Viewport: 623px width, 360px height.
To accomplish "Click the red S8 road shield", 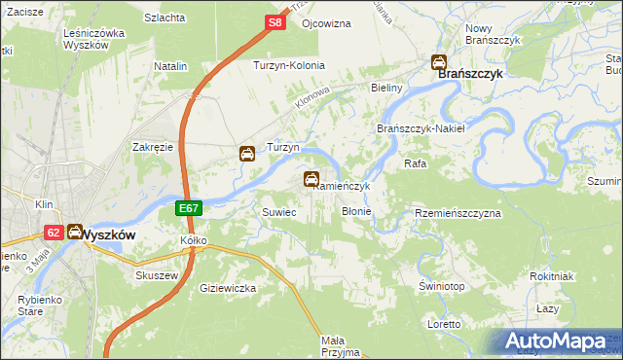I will pyautogui.click(x=275, y=21).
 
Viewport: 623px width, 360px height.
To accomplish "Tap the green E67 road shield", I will pyautogui.click(x=190, y=209).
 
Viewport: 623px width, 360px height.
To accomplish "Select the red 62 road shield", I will pyautogui.click(x=53, y=232).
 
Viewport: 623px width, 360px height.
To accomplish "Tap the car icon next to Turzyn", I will pyautogui.click(x=247, y=153).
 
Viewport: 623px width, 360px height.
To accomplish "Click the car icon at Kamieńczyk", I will pyautogui.click(x=311, y=178).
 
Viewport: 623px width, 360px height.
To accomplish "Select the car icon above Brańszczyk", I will pyautogui.click(x=440, y=62).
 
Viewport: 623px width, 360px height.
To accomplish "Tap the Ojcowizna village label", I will pyautogui.click(x=326, y=22).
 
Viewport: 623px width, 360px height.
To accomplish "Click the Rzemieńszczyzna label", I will pyautogui.click(x=458, y=212).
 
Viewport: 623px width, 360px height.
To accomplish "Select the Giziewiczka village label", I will pyautogui.click(x=227, y=289).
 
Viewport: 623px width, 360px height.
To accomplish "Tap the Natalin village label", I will pyautogui.click(x=170, y=65).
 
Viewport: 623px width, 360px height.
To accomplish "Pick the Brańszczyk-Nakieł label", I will pyautogui.click(x=421, y=128).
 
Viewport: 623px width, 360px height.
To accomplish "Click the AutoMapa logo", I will pyautogui.click(x=557, y=342).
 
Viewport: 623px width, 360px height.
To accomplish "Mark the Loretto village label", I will pyautogui.click(x=444, y=323).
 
